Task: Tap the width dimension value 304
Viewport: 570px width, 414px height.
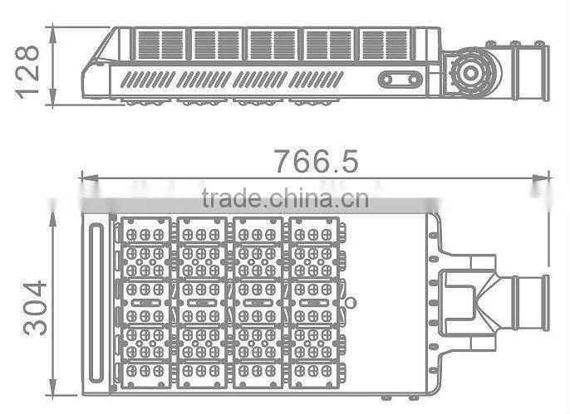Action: pyautogui.click(x=34, y=307)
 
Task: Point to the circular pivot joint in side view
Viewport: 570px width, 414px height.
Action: pyautogui.click(x=470, y=72)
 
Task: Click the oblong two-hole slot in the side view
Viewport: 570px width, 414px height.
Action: pyautogui.click(x=400, y=80)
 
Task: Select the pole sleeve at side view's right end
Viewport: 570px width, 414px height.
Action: pyautogui.click(x=532, y=68)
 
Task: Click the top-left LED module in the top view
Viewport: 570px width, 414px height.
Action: pyautogui.click(x=147, y=230)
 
